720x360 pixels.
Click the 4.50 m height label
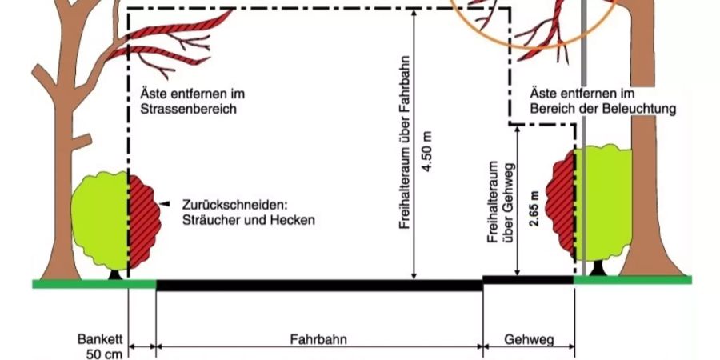(427, 151)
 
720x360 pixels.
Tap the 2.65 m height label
(534, 208)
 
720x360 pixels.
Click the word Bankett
(100, 340)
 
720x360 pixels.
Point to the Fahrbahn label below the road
(318, 340)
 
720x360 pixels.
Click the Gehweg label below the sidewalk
(529, 340)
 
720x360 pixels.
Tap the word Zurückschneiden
(237, 204)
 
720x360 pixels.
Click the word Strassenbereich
(189, 110)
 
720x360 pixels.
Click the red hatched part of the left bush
(144, 221)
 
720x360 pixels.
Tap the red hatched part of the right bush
(560, 202)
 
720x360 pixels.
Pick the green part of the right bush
(602, 202)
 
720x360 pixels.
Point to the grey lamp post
(584, 138)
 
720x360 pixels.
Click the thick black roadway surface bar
(319, 285)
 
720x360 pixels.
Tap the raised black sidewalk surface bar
(529, 280)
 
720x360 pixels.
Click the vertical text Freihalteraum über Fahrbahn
(405, 143)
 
